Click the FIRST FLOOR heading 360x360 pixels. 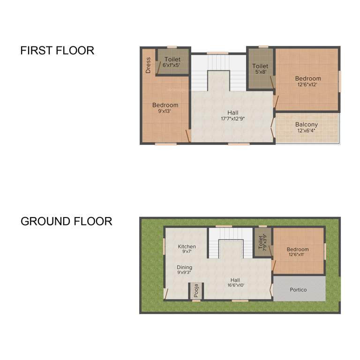[x=57, y=51]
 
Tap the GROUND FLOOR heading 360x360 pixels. [x=66, y=221]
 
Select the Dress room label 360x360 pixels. [x=148, y=65]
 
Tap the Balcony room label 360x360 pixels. [x=306, y=124]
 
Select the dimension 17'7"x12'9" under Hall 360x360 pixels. [x=233, y=119]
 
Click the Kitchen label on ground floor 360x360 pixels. [x=187, y=247]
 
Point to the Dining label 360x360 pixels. [x=184, y=267]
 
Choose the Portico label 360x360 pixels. [x=298, y=290]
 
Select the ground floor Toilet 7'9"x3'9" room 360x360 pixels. [x=262, y=243]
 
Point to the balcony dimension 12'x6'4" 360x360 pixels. [x=306, y=131]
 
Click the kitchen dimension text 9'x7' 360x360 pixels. [x=187, y=252]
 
